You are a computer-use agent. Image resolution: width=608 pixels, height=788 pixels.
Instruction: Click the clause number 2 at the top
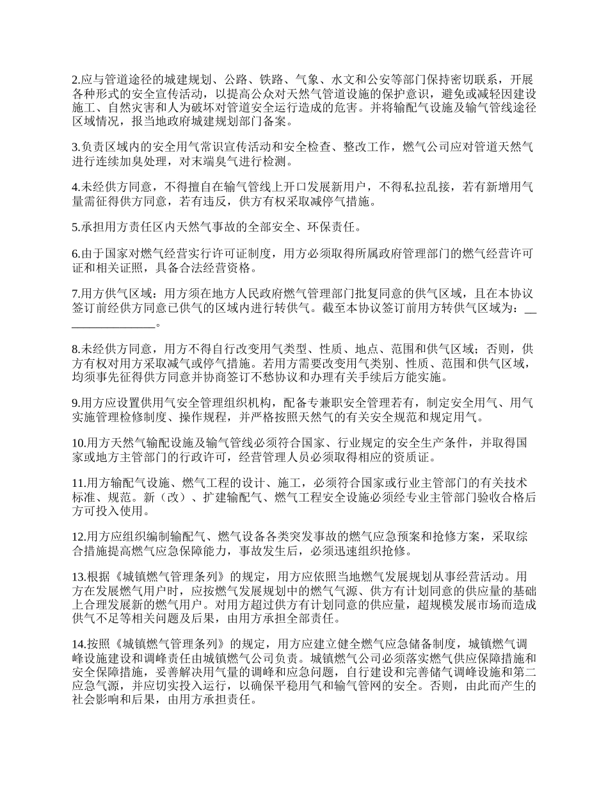point(74,80)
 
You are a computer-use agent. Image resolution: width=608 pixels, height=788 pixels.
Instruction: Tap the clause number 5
point(74,227)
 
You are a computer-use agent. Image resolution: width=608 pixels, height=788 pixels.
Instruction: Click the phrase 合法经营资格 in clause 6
point(220,267)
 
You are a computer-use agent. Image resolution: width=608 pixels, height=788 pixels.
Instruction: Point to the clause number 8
point(74,349)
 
